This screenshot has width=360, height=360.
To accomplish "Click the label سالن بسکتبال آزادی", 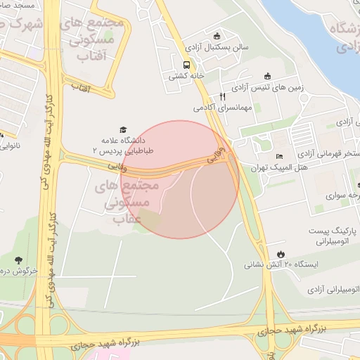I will pyautogui.click(x=216, y=49).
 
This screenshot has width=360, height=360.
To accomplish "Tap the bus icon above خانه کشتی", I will pyautogui.click(x=186, y=65).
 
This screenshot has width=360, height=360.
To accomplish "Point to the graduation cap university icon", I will pyautogui.click(x=124, y=129).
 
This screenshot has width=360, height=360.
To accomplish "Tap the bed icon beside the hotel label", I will pyautogui.click(x=280, y=157).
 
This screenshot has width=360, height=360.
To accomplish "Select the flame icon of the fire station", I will pyautogui.click(x=281, y=254).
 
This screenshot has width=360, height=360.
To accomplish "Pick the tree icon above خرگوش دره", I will pyautogui.click(x=18, y=260).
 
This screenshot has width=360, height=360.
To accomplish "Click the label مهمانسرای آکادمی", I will pyautogui.click(x=223, y=109).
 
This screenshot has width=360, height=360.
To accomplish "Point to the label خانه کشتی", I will pyautogui.click(x=185, y=76).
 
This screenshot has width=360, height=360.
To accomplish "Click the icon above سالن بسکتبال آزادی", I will pyautogui.click(x=217, y=37).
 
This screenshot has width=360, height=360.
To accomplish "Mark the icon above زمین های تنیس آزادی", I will pyautogui.click(x=267, y=77).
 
